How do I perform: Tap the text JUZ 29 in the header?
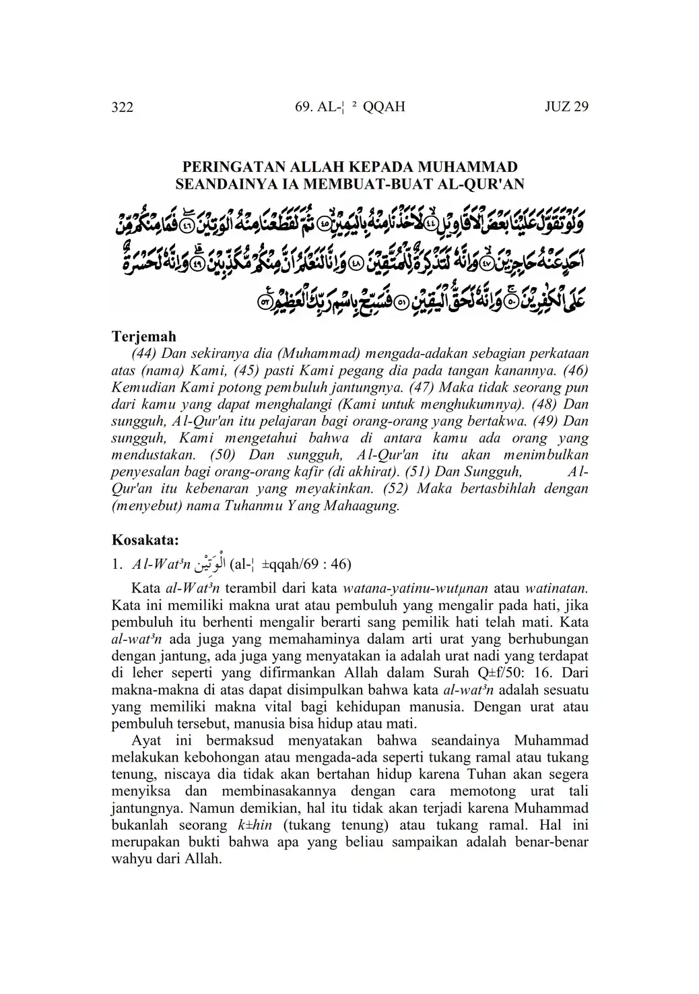pos(566,106)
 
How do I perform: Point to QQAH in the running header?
pos(383,106)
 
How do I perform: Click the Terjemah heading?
pos(143,336)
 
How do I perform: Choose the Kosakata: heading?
pos(145,540)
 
